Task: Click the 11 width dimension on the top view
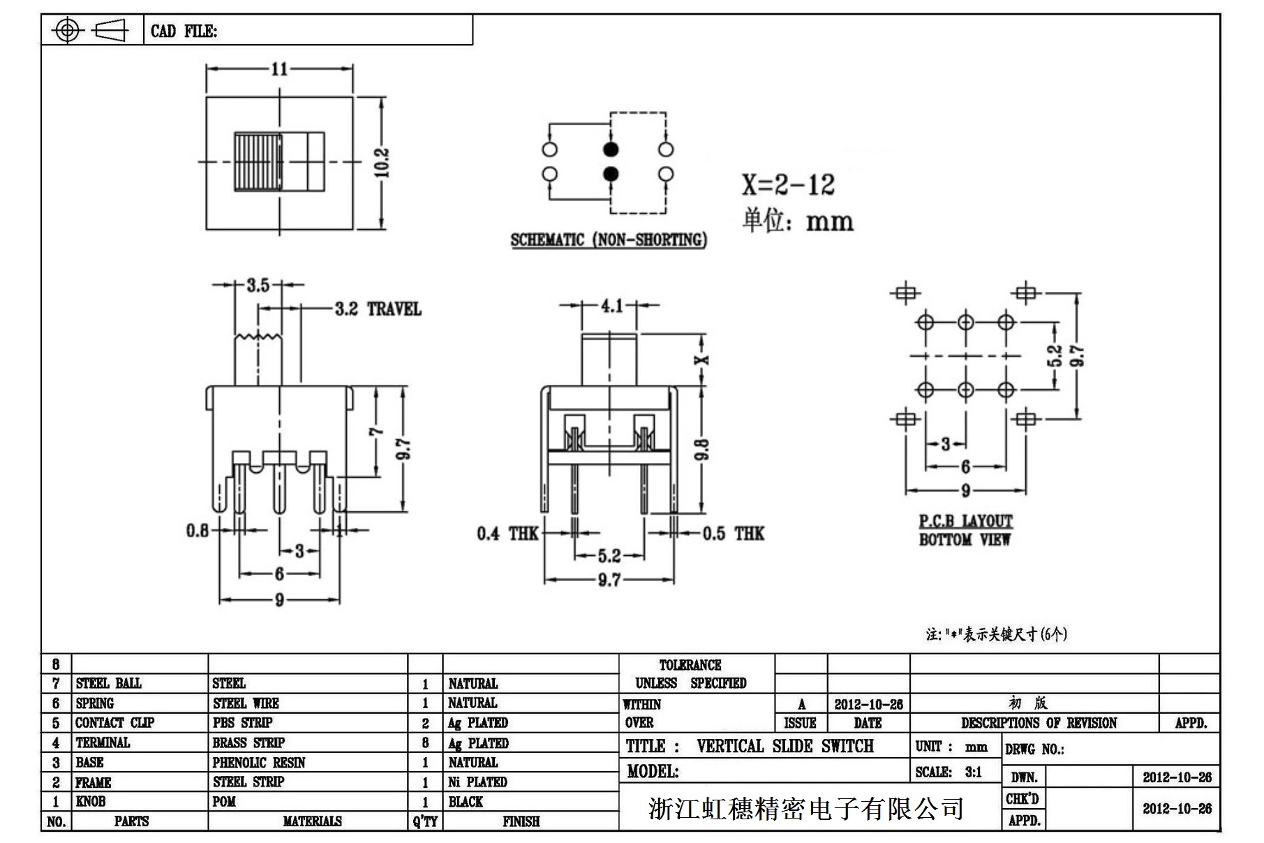279,68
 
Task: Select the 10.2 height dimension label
382,163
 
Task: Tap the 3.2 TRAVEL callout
378,309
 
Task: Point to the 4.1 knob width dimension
611,305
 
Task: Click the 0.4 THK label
507,534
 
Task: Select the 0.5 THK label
733,534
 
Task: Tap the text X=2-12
788,184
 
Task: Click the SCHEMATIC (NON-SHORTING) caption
609,240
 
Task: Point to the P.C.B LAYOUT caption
965,521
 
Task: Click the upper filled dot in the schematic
611,149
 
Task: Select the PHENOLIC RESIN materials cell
259,762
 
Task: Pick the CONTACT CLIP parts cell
114,722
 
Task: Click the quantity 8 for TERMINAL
425,742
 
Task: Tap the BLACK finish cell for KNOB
466,801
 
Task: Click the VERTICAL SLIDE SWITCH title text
785,746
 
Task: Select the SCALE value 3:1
974,772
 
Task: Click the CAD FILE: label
184,31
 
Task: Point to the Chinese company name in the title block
806,809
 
